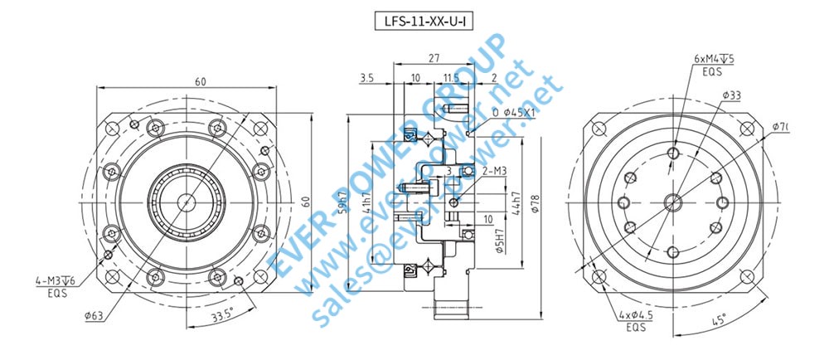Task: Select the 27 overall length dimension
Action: tap(434, 59)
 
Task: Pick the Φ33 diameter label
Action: tap(730, 95)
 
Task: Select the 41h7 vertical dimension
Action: tap(366, 200)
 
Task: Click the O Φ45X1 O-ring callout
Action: tap(515, 111)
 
